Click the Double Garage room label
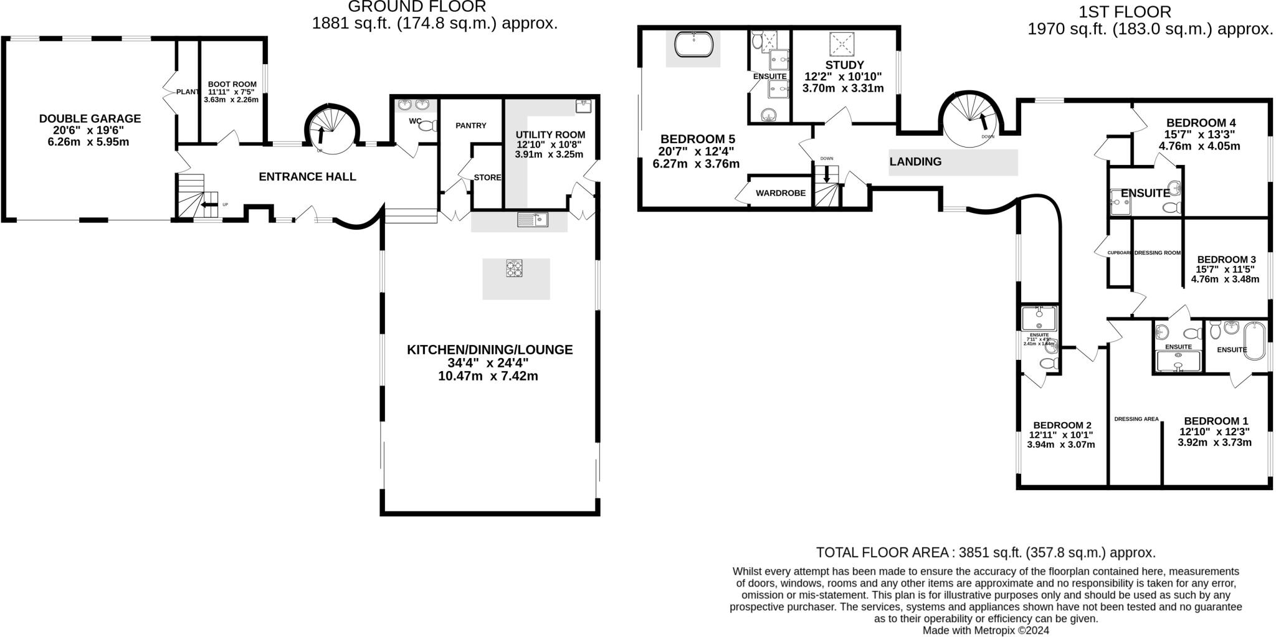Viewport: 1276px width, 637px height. (x=90, y=118)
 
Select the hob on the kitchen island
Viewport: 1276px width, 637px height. (x=515, y=268)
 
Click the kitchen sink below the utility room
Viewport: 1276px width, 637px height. (x=532, y=219)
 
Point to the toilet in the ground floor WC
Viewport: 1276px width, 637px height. (x=427, y=126)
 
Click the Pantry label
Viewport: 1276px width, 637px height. (x=470, y=126)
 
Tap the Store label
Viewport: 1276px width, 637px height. (x=487, y=177)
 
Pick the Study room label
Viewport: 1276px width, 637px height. (x=844, y=65)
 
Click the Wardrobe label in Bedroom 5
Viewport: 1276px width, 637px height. (x=780, y=193)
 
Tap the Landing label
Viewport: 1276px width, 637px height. (x=915, y=162)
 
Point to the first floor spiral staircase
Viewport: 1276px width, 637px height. (x=971, y=120)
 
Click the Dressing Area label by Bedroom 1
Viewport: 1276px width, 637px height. (x=1136, y=419)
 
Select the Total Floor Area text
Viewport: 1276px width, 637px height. (x=986, y=552)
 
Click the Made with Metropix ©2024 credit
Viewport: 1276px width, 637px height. (x=986, y=630)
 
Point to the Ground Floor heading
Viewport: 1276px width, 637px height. (x=417, y=7)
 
